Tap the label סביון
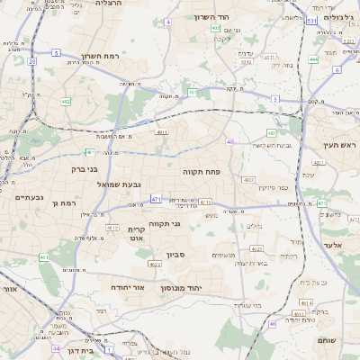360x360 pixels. [175, 255]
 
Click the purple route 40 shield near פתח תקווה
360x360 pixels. [230, 141]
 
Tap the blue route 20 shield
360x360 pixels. [31, 62]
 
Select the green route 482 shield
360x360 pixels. [66, 102]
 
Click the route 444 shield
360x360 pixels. [313, 59]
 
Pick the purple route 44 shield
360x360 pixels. [57, 347]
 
